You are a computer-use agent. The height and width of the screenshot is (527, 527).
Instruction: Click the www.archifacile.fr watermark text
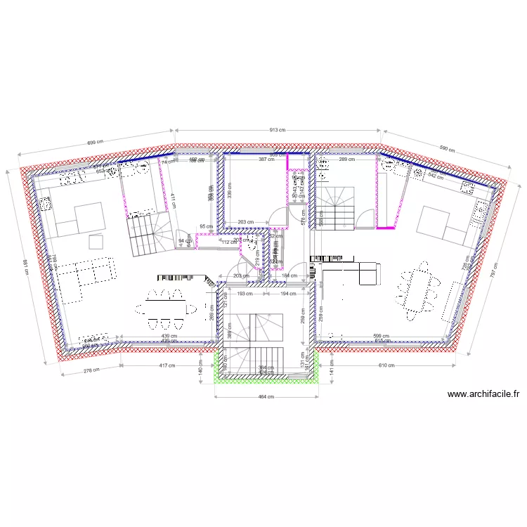pos(483,395)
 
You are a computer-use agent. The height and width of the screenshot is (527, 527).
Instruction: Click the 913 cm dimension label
pos(278,130)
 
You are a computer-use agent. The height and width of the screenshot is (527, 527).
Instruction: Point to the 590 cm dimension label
pos(447,149)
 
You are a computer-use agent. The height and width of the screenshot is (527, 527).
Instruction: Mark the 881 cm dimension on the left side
pos(26,263)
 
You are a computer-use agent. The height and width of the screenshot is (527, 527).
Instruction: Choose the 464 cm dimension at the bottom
pos(265,398)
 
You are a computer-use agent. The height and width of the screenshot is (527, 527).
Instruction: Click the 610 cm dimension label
pos(386,365)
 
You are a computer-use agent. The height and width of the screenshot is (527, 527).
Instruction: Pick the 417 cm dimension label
pos(166,365)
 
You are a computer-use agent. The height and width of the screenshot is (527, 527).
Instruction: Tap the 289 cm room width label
pos(347,160)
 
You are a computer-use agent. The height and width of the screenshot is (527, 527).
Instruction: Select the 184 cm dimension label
pos(290,275)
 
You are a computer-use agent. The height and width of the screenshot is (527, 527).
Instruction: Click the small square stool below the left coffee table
pos(96,242)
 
